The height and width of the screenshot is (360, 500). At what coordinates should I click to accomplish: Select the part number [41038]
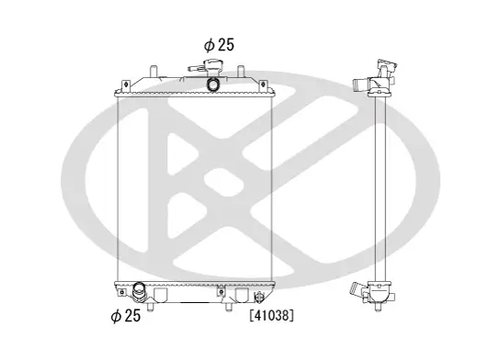pos(270,316)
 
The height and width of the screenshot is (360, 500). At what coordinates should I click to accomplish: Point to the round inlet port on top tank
pos(212,84)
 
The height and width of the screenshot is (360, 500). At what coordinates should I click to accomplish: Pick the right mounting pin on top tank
pos(241,72)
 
